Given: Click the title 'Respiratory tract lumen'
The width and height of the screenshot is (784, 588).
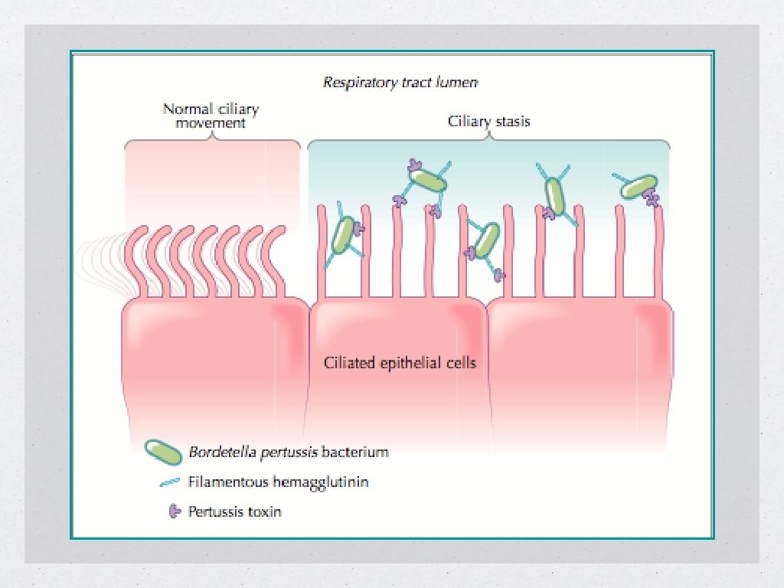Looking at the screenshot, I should point(400,82).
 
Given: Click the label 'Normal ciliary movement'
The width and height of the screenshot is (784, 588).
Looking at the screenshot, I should point(211,115).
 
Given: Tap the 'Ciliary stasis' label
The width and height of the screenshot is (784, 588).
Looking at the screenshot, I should point(488,121).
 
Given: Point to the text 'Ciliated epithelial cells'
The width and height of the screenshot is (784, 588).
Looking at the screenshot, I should point(400,362).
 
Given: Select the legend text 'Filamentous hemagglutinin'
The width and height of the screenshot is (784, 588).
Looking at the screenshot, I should point(279,482).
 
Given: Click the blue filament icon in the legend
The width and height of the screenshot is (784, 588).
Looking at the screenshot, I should point(167,482).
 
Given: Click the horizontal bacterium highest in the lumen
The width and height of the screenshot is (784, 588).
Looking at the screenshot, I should point(428,181).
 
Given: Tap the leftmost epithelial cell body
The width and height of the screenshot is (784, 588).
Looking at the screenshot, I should point(214,360).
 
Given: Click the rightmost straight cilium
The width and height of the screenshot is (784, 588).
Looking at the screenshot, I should point(658,253).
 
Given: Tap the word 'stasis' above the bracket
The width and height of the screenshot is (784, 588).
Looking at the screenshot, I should point(511,121).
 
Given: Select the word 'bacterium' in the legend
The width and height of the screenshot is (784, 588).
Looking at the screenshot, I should point(354,452).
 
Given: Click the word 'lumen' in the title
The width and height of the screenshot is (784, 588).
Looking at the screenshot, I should point(460,82).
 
